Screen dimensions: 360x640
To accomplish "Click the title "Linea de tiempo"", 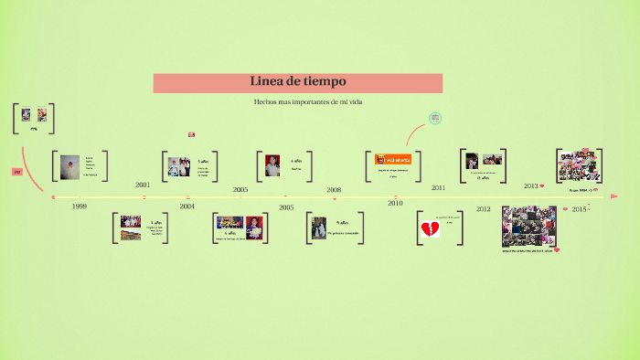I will coord(298,82).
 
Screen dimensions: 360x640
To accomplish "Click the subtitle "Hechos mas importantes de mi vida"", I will coord(308,101).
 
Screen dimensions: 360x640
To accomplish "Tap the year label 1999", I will coord(80,207).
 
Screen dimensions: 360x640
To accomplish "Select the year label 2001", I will coord(143,185).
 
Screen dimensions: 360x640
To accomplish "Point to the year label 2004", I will coord(187,207).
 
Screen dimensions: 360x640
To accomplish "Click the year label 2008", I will coord(334,190).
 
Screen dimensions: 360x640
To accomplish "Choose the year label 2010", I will coord(395,204).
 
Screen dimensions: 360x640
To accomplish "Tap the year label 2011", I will coord(439,187).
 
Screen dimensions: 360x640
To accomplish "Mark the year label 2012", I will coord(483,209).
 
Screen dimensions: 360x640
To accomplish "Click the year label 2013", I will coord(531,185).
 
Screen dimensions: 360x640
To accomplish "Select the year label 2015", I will coord(579,209).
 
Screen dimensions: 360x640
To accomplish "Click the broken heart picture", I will coord(430,229).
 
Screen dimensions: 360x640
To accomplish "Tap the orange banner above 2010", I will coord(393,159).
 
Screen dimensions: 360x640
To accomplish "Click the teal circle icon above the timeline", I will coord(435,118).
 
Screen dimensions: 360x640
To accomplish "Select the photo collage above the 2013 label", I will coord(579,166).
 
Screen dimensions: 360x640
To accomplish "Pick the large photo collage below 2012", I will coord(529,226).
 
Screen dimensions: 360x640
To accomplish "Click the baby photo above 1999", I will coord(69,167).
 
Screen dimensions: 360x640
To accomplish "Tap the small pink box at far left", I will coord(17,172).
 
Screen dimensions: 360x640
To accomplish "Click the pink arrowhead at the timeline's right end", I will coord(614,196).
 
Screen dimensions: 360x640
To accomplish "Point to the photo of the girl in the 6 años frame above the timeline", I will coord(272,165).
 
